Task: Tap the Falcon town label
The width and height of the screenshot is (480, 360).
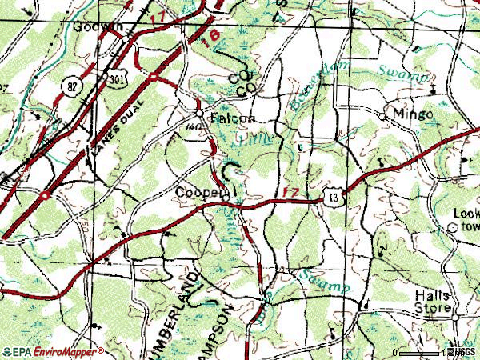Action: [232, 118]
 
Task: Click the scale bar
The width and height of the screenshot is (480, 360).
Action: [419, 353]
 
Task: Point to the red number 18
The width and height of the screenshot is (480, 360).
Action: [210, 38]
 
